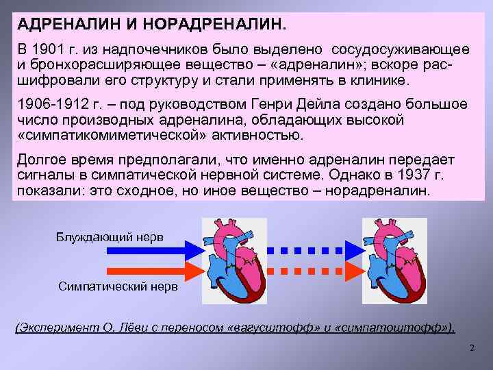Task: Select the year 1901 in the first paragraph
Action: click(x=53, y=51)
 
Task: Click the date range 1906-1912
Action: click(x=52, y=105)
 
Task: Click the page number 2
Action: click(x=472, y=349)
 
